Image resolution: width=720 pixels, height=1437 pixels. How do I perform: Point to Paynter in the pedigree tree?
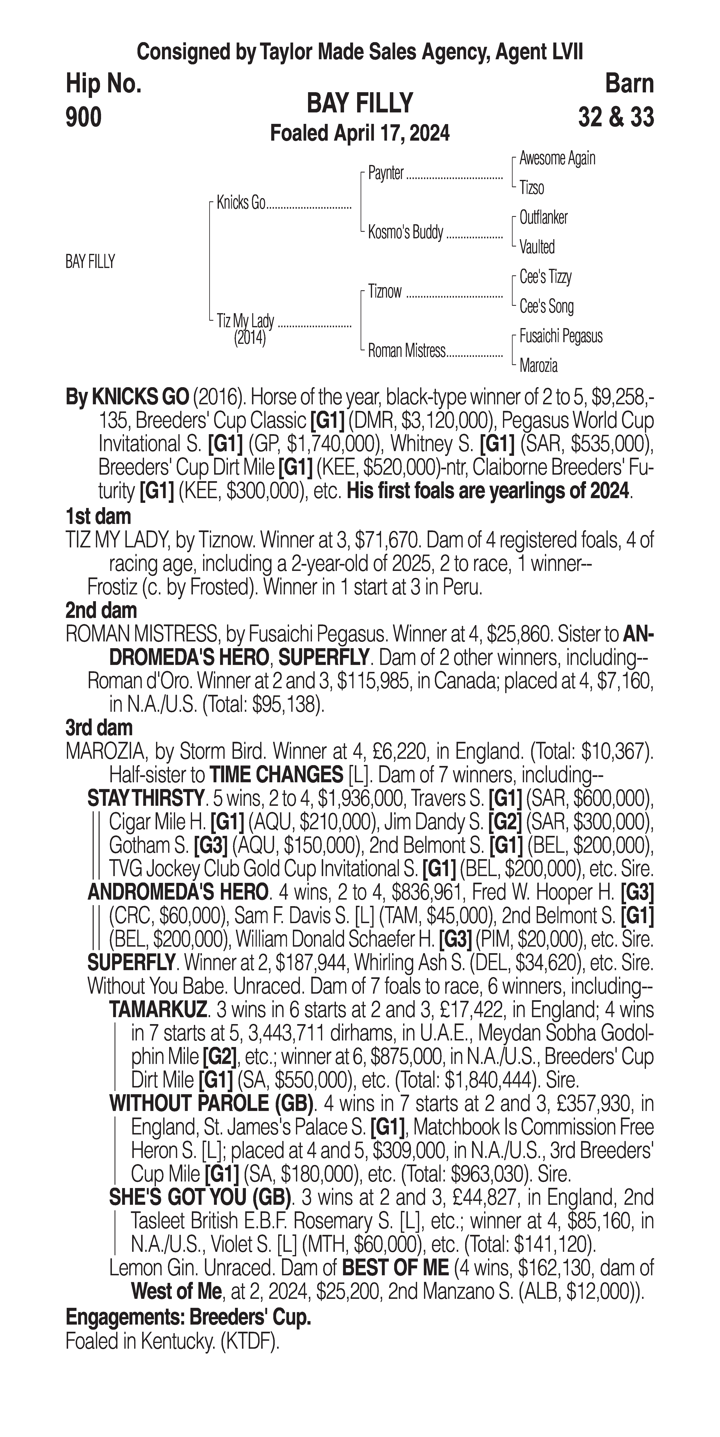coord(386,173)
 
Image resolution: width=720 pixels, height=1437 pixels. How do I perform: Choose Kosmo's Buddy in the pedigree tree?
coord(405,232)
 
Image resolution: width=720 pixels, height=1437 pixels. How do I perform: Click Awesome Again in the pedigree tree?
coord(557,158)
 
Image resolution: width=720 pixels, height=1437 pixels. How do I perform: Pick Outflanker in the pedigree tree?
coord(543,217)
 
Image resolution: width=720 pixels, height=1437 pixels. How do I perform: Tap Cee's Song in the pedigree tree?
coord(546,306)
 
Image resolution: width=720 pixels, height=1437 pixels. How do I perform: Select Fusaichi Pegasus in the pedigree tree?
coord(560,336)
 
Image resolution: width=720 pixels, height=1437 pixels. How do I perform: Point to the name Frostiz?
coord(109,587)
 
